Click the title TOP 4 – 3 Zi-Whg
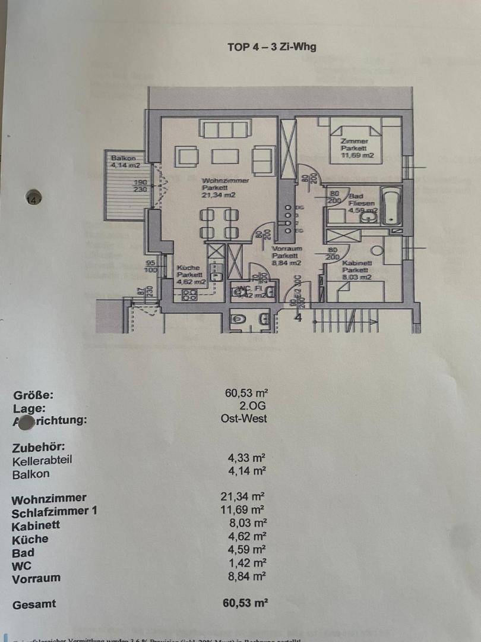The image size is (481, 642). tap(272, 47)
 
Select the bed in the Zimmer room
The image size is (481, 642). tap(355, 143)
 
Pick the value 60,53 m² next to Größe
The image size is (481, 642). tap(246, 392)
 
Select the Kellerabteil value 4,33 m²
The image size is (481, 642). tap(246, 458)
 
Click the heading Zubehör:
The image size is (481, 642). tap(38, 447)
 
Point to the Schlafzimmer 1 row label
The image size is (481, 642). tap(55, 511)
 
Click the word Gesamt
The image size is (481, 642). tap(34, 604)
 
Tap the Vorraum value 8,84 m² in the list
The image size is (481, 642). tap(246, 576)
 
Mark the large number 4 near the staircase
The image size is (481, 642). tap(299, 317)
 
